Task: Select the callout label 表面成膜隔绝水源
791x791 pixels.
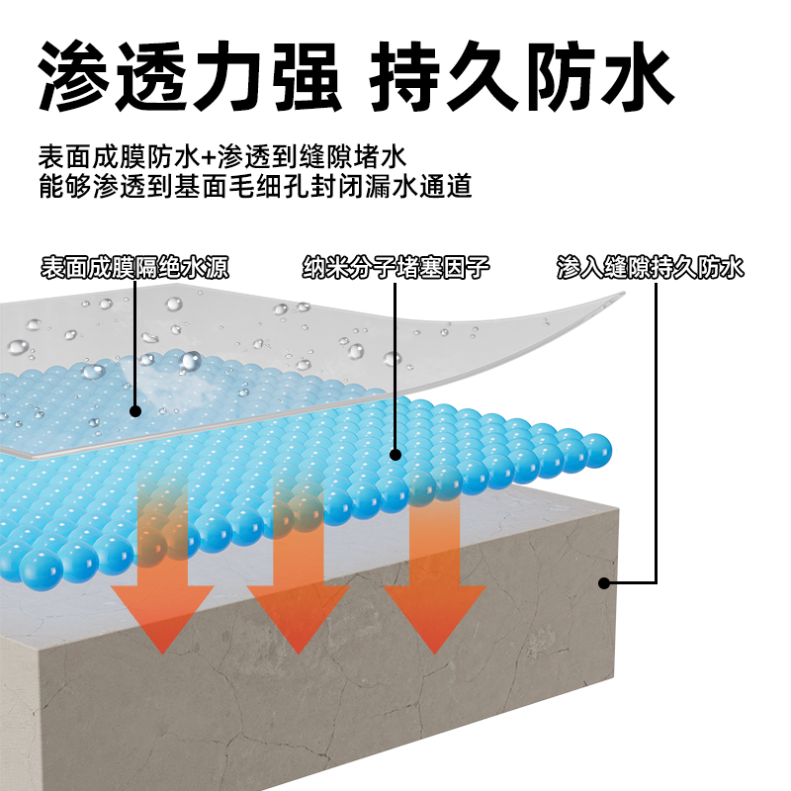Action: point(135,267)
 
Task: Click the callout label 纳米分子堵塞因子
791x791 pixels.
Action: point(395,267)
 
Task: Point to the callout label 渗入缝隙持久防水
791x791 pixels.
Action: point(650,267)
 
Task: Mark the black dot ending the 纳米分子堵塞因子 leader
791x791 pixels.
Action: point(395,456)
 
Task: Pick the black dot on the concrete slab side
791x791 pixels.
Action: point(604,582)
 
